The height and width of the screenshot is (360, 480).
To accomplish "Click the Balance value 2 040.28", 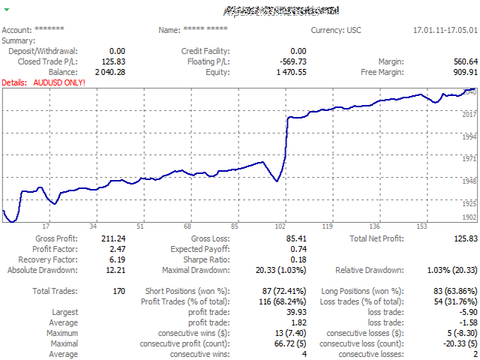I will (x=110, y=72).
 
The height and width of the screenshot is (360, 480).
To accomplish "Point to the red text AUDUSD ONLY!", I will (x=60, y=82).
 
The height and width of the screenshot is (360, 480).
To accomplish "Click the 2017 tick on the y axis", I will (x=468, y=114).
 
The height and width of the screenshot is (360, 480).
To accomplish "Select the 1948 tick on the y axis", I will (x=468, y=181).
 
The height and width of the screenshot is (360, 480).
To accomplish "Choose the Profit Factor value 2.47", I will (x=115, y=248).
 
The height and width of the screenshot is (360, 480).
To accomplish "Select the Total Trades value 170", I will (x=118, y=290).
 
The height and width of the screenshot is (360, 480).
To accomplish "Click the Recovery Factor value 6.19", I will (x=115, y=259).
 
